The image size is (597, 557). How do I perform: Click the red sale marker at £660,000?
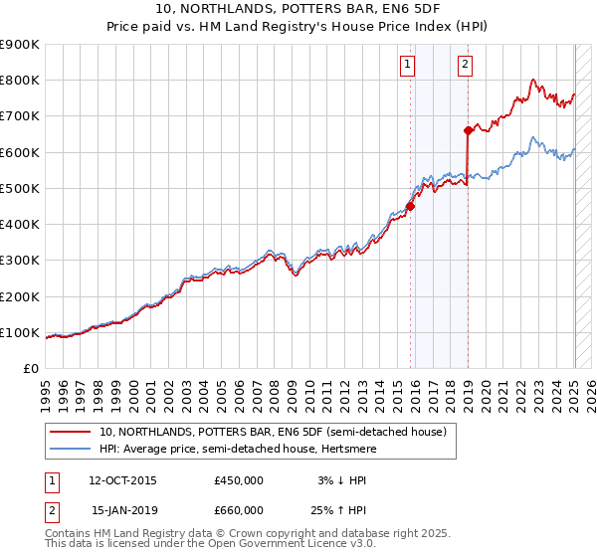click(x=468, y=130)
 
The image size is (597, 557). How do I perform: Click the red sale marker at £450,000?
click(x=410, y=207)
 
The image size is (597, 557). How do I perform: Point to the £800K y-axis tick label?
click(x=20, y=81)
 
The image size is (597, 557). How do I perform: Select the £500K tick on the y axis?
click(x=20, y=188)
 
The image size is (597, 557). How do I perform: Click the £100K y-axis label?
click(x=20, y=332)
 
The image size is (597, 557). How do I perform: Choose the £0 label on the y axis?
click(x=29, y=368)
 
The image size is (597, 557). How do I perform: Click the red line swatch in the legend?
click(x=71, y=432)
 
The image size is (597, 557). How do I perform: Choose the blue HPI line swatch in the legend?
click(x=71, y=449)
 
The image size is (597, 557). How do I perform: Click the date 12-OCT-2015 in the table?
click(x=122, y=480)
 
